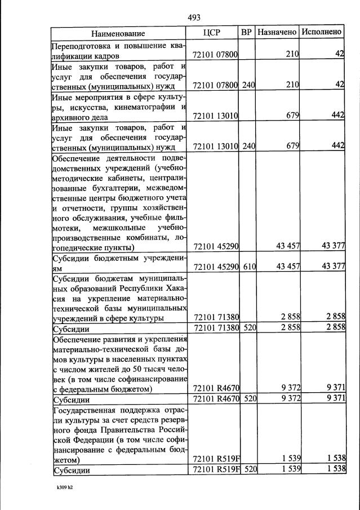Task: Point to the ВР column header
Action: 246,32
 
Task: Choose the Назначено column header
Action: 277,32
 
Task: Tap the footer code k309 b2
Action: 64,486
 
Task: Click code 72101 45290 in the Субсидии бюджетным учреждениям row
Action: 216,266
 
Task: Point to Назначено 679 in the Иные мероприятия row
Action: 292,116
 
